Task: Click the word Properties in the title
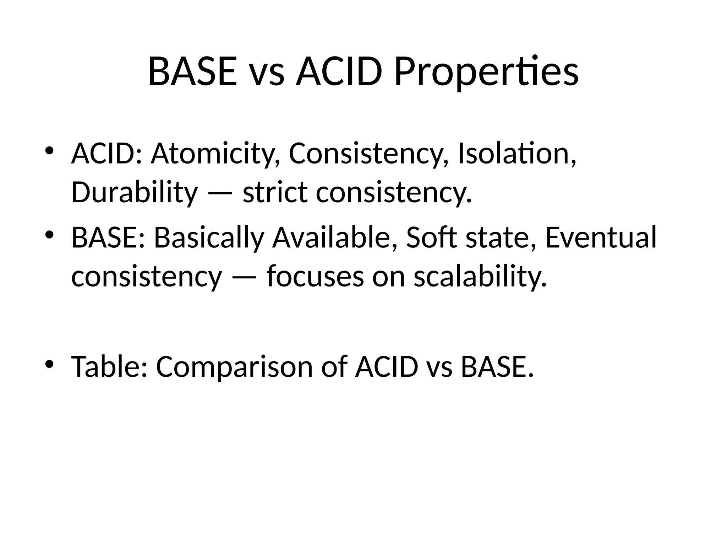click(x=486, y=73)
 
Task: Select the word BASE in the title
click(x=192, y=73)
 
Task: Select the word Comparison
click(x=235, y=367)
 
